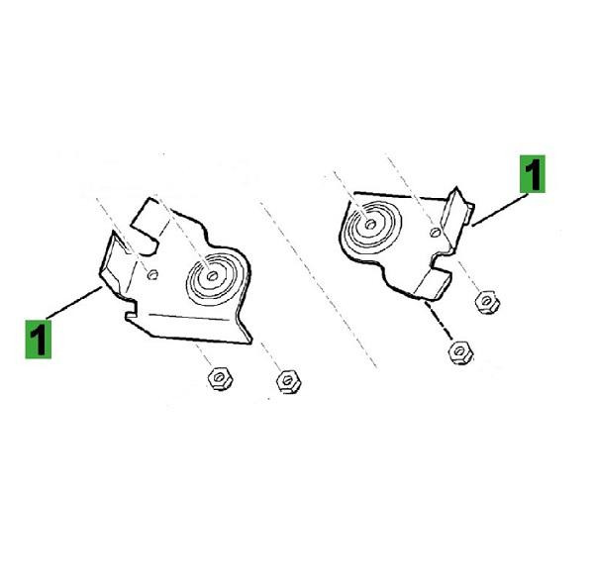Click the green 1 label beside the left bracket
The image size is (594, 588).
pyautogui.click(x=39, y=340)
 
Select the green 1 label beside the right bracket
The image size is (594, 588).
pyautogui.click(x=533, y=174)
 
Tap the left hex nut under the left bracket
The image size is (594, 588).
pyautogui.click(x=220, y=378)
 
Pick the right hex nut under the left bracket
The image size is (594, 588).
pyautogui.click(x=289, y=381)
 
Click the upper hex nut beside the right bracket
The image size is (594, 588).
pyautogui.click(x=487, y=302)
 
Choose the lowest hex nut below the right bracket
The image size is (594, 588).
pyautogui.click(x=460, y=352)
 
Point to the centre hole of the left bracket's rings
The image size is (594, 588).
pyautogui.click(x=213, y=276)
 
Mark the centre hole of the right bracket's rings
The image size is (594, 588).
pyautogui.click(x=370, y=225)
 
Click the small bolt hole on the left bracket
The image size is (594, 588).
pyautogui.click(x=152, y=274)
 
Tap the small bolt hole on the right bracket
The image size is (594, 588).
pyautogui.click(x=436, y=232)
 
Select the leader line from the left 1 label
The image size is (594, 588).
pyautogui.click(x=74, y=303)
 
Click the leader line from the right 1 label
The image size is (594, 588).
pyautogui.click(x=500, y=210)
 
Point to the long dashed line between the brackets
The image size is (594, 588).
pyautogui.click(x=318, y=284)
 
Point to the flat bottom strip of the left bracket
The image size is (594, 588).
pyautogui.click(x=189, y=327)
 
